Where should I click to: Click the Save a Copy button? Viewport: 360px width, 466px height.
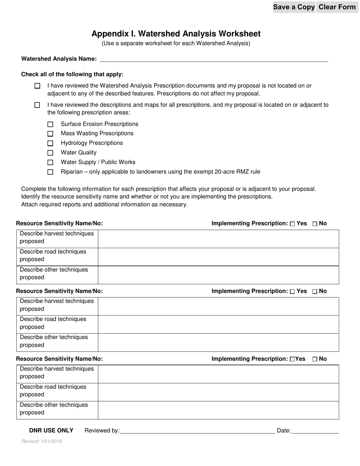tap(294, 7)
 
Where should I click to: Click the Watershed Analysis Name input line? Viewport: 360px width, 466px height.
tap(214, 59)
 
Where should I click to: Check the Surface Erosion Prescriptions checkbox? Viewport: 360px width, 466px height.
tap(50, 124)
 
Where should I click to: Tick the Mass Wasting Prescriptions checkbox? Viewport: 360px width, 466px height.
tap(50, 134)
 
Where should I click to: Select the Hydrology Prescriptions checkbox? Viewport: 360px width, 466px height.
tap(50, 143)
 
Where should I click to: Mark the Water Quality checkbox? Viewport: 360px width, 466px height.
tap(50, 153)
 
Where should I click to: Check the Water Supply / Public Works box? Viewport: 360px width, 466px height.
tap(50, 163)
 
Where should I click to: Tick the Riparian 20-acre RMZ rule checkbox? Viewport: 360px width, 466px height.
tap(50, 172)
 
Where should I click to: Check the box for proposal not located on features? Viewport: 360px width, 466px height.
tap(37, 86)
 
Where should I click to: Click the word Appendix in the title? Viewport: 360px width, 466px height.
tap(108, 34)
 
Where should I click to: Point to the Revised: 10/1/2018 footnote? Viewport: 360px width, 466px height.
tap(42, 441)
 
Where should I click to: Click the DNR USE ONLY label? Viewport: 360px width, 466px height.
tap(51, 430)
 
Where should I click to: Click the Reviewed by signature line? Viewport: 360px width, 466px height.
tap(197, 431)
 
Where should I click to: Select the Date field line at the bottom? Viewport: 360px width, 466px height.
tap(315, 431)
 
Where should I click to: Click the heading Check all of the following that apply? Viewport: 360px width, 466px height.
tap(72, 74)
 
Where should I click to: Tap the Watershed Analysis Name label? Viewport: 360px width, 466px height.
tap(59, 59)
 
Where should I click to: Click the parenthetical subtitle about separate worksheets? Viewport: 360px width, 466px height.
tap(176, 43)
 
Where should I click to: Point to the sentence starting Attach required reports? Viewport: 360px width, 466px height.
tap(104, 204)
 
